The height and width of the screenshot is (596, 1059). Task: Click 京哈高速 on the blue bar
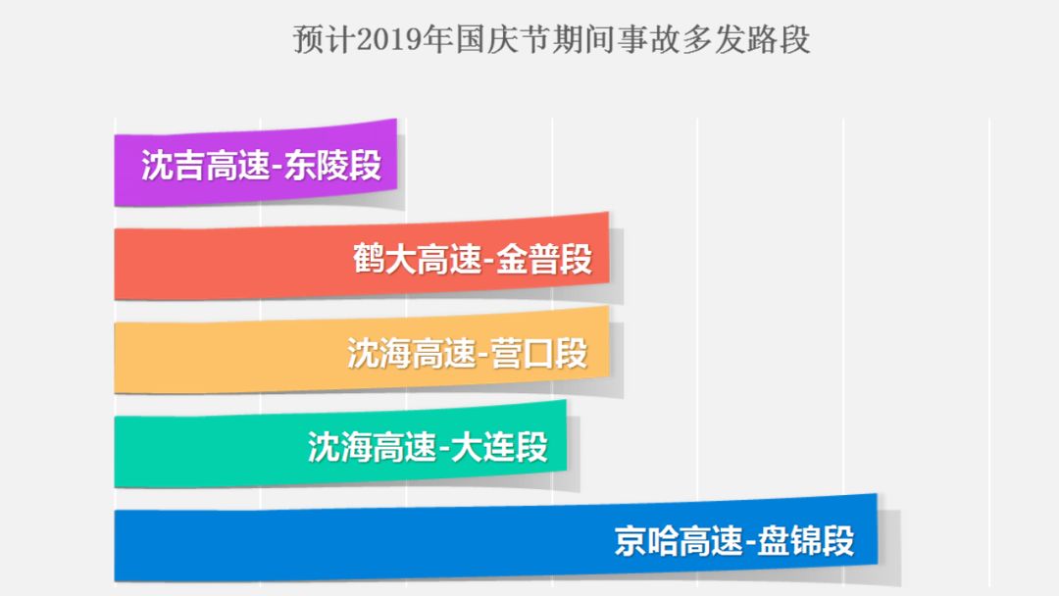coord(679,541)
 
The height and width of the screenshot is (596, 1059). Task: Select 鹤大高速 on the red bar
coord(418,260)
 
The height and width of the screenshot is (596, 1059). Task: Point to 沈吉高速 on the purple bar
coord(205,166)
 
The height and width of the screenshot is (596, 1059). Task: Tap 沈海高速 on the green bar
coord(372,448)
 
